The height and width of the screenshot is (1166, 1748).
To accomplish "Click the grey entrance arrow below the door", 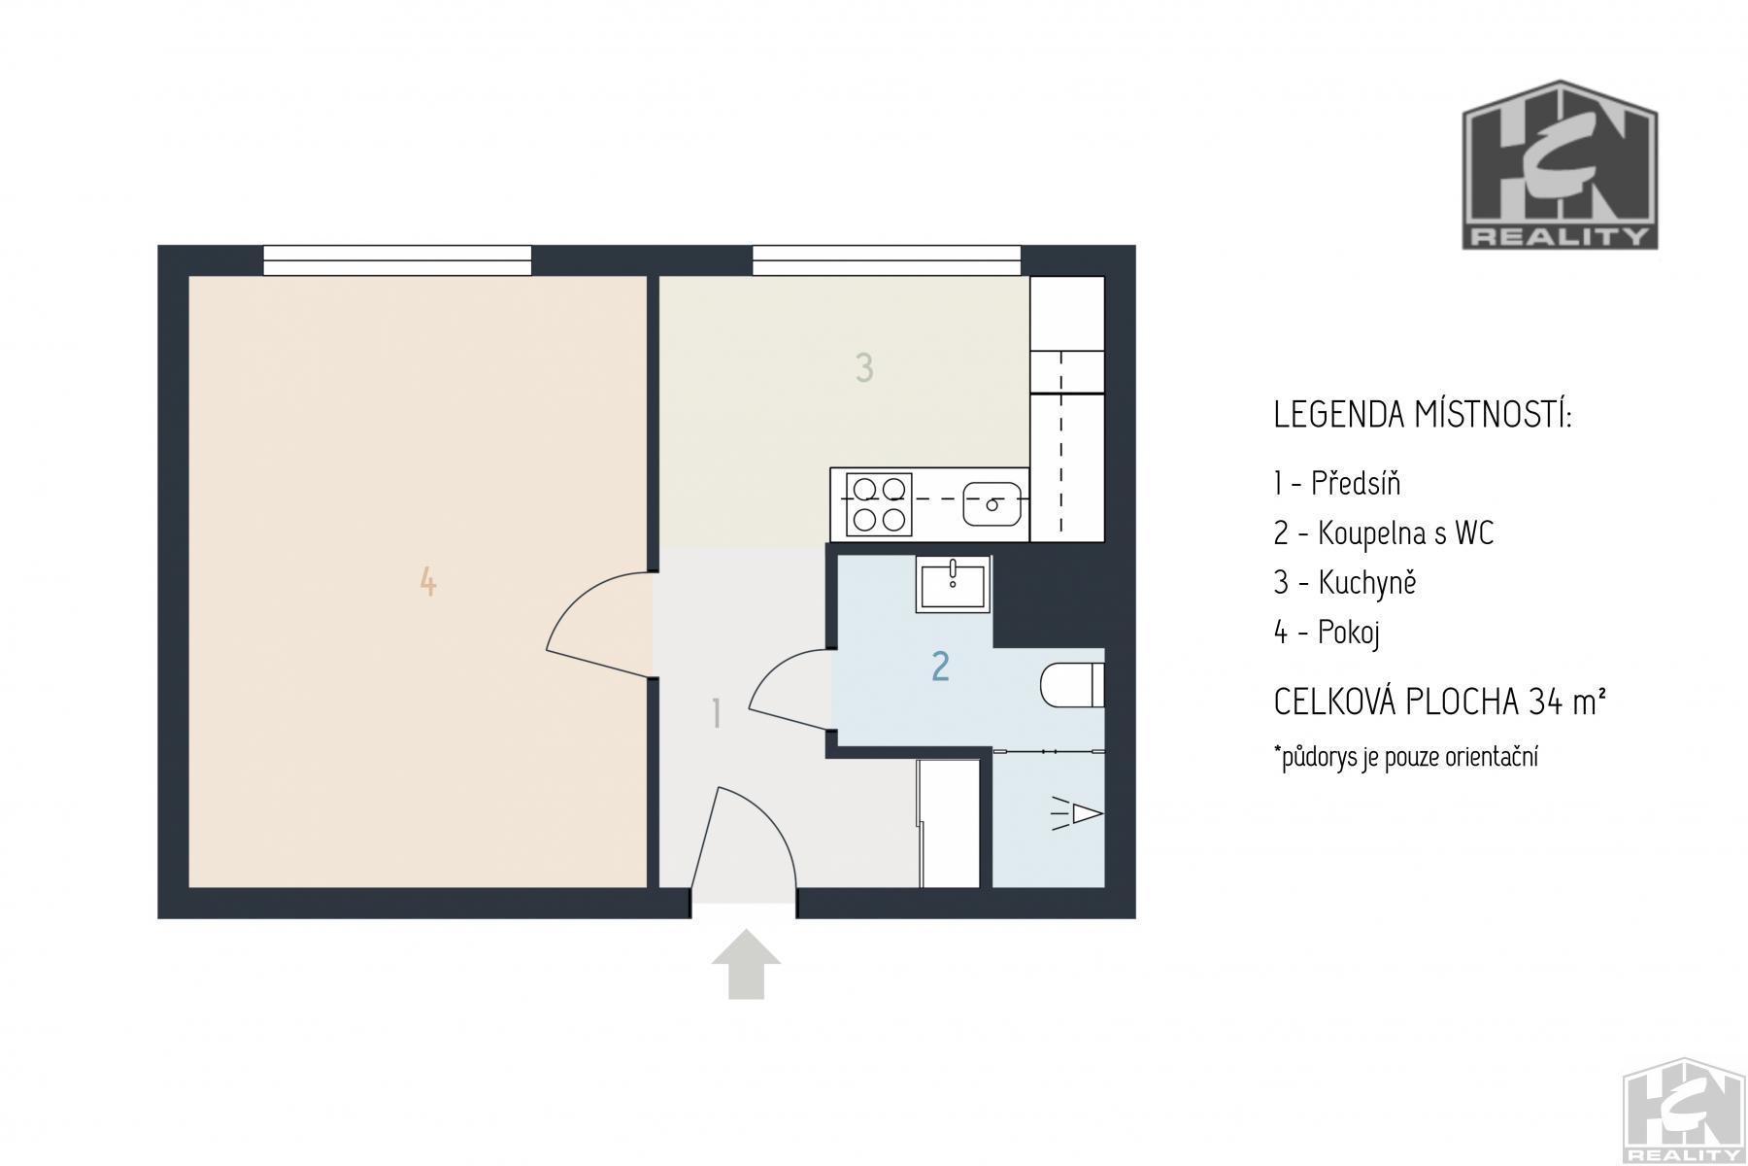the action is tap(745, 964).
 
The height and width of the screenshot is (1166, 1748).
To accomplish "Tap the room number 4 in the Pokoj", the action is tap(428, 582).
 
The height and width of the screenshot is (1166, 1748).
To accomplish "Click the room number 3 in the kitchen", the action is tap(864, 368).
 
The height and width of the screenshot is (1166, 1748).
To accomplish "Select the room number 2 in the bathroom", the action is tap(940, 667).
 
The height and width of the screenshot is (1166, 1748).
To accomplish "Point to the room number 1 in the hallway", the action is tap(717, 714).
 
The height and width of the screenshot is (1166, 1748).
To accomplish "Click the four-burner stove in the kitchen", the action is tap(879, 503).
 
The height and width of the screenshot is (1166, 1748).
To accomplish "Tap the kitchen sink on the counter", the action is tap(992, 503).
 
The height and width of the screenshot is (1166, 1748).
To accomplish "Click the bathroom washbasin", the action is tap(953, 583).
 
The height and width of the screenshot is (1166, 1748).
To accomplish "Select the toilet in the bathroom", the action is tap(1072, 685).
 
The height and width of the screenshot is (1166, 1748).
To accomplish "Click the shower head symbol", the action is tap(1078, 813).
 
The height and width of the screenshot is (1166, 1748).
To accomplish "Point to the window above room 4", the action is tap(397, 260).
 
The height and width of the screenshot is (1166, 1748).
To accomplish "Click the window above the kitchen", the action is tap(887, 260).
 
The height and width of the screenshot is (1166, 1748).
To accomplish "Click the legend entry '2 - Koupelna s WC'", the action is tap(1384, 533).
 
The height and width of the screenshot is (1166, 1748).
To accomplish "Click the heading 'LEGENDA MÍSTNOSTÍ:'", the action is tap(1423, 415).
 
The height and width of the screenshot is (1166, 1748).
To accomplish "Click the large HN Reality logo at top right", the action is tap(1561, 164).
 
